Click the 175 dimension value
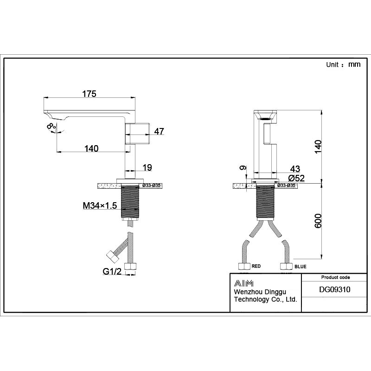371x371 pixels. tap(89, 94)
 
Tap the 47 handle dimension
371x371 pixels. tap(159, 132)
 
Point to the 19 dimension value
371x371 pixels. tap(147, 167)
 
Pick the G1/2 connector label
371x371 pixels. tap(111, 271)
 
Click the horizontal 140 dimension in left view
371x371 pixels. tap(91, 148)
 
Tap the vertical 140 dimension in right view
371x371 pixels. tap(317, 146)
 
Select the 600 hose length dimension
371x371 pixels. tap(317, 220)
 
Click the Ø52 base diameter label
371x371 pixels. tap(296, 178)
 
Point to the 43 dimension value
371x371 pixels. tap(295, 168)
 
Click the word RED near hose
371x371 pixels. tap(256, 267)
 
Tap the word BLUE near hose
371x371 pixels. tap(300, 267)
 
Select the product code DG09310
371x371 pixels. tap(335, 289)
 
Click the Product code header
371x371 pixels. tap(335, 277)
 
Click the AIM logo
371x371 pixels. tap(243, 283)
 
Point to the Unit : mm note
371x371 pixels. tap(343, 65)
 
